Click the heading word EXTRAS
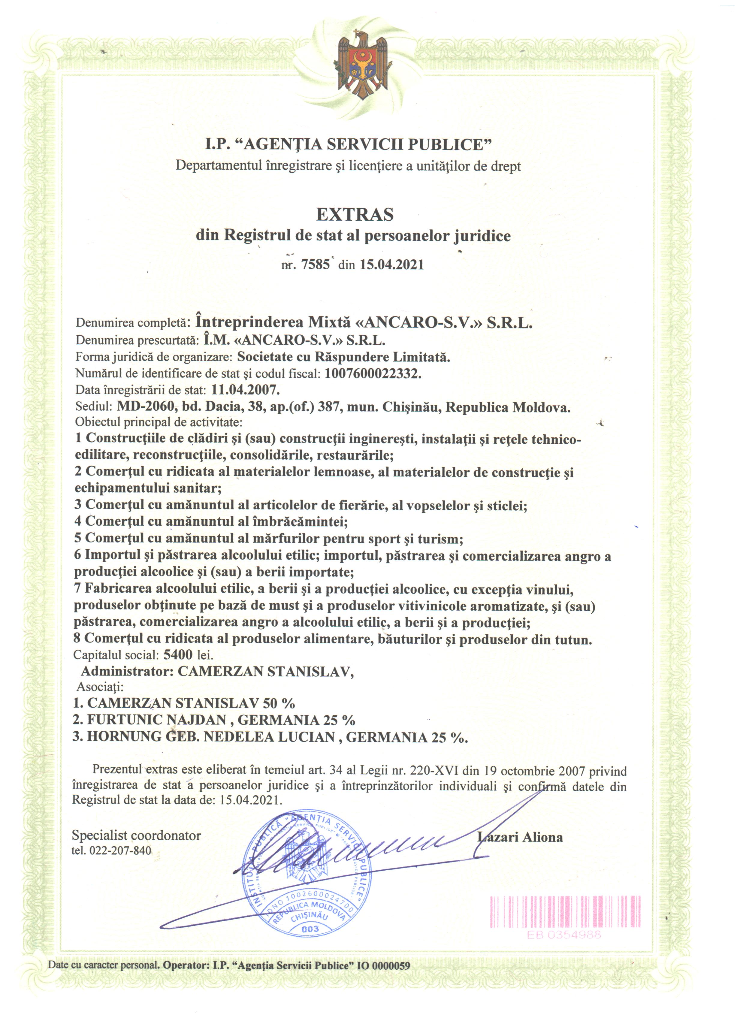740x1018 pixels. (355, 215)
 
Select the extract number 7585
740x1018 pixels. (316, 264)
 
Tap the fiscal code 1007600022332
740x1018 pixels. (373, 373)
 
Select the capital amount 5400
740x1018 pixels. (178, 654)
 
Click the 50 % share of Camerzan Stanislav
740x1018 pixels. (279, 703)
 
